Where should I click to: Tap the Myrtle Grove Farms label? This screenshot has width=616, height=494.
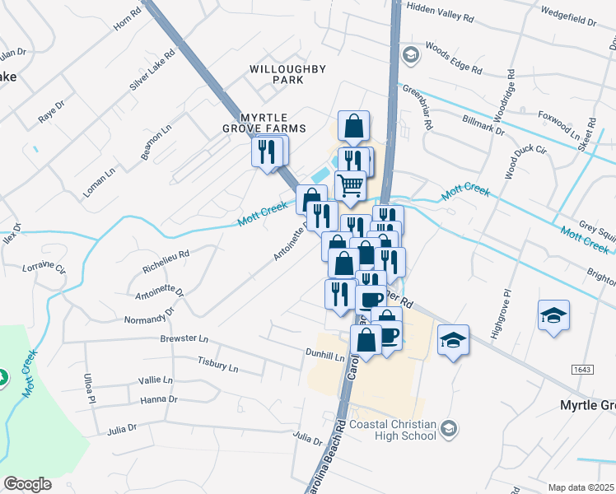pyautogui.click(x=263, y=123)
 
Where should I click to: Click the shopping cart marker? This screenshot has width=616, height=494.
pyautogui.click(x=351, y=186)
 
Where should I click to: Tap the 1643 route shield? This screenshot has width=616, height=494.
pyautogui.click(x=582, y=370)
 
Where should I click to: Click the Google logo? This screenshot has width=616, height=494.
pyautogui.click(x=27, y=484)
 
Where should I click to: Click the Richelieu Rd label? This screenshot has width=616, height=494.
pyautogui.click(x=166, y=262)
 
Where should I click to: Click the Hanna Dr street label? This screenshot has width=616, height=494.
pyautogui.click(x=159, y=399)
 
